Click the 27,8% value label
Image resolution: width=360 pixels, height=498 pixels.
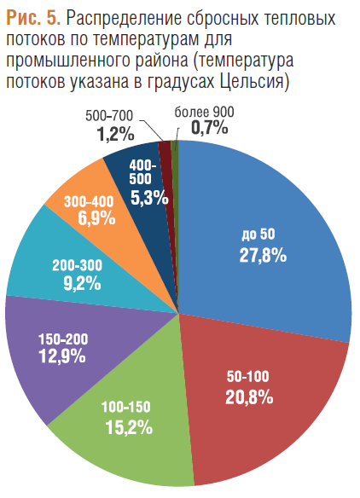coord(263,255)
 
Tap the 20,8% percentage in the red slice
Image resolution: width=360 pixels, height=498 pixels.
coord(249,397)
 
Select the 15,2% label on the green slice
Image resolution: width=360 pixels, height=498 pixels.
coord(129,427)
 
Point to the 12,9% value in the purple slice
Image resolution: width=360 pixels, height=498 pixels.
coord(62,356)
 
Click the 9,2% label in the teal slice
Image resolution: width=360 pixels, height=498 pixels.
coord(82,284)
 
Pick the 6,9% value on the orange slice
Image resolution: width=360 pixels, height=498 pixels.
coord(96,218)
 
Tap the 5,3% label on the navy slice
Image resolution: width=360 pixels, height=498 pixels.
coord(149,199)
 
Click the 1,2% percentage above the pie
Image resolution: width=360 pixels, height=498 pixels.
coord(115,135)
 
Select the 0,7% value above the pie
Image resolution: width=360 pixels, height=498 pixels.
coord(209,128)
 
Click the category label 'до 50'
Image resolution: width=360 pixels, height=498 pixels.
coord(258,235)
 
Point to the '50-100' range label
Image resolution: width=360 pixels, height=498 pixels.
coord(248,377)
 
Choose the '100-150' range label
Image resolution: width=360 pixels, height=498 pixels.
coord(125,407)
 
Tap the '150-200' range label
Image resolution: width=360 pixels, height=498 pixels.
coord(63,339)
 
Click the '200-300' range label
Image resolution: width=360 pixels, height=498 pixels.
coord(78,265)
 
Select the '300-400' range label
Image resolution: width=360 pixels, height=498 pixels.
coord(89,202)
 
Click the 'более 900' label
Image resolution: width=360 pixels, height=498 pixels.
coord(204,112)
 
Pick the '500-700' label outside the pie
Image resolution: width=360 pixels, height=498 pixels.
coord(109,116)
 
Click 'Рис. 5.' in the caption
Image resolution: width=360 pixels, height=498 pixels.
coord(33,19)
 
